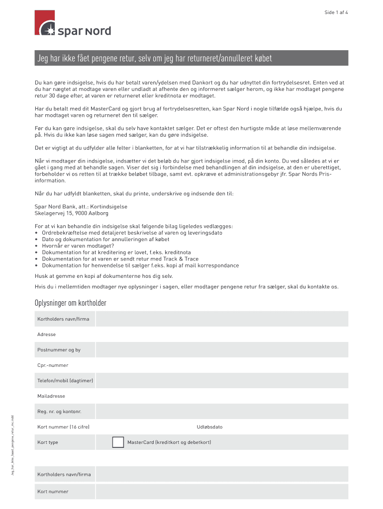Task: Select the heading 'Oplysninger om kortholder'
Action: (70, 303)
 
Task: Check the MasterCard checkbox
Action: (118, 442)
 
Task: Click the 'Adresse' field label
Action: (46, 335)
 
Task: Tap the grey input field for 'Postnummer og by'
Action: (222, 350)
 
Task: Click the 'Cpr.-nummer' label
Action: (53, 365)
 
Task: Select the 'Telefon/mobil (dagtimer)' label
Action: (65, 381)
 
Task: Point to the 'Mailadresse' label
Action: (51, 396)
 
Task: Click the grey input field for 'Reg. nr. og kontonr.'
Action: (222, 412)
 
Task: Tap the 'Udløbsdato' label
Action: (209, 427)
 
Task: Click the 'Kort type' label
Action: (48, 442)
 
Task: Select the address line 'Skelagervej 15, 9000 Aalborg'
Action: (71, 213)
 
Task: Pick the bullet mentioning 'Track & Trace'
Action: (120, 258)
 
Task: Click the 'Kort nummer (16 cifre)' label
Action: (63, 427)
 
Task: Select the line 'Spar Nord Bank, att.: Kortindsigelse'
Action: (81, 207)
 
